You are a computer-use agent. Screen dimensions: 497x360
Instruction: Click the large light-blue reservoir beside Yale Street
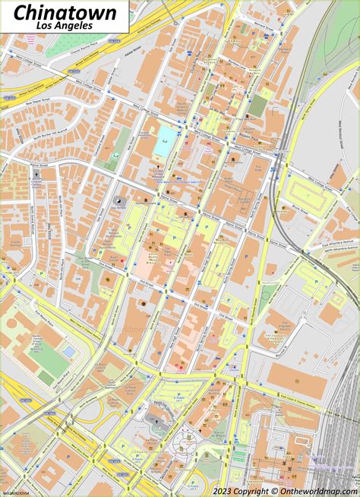(164, 141)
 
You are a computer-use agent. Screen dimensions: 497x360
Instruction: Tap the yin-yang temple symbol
(119, 201)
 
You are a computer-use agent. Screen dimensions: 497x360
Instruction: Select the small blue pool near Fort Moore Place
(68, 351)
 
